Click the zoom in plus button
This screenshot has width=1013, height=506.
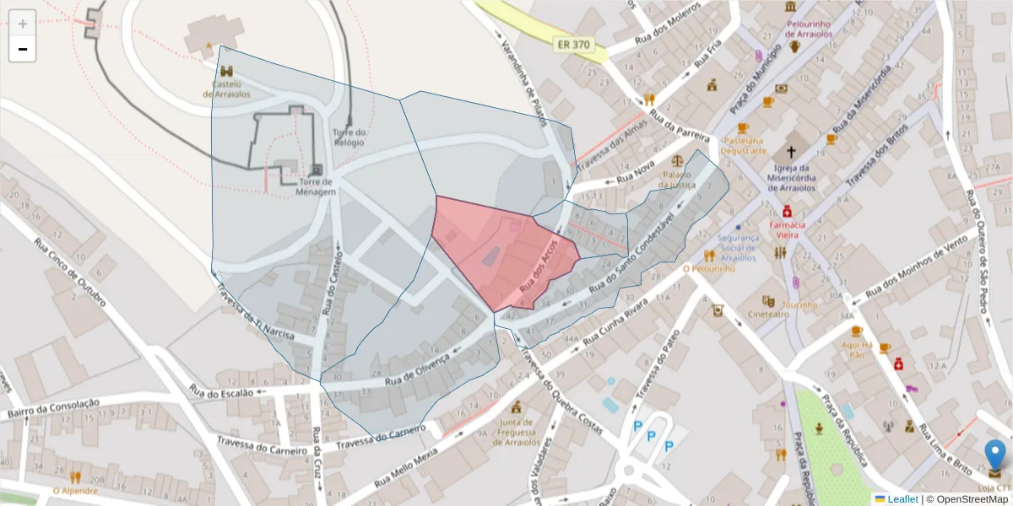[23, 24]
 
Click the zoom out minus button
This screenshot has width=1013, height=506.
[23, 49]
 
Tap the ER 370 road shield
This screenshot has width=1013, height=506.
[572, 44]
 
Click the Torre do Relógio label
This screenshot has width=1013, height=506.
[349, 137]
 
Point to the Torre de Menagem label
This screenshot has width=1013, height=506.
[316, 186]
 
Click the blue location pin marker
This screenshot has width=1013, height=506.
[996, 455]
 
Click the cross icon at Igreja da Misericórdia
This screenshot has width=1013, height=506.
[792, 153]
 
